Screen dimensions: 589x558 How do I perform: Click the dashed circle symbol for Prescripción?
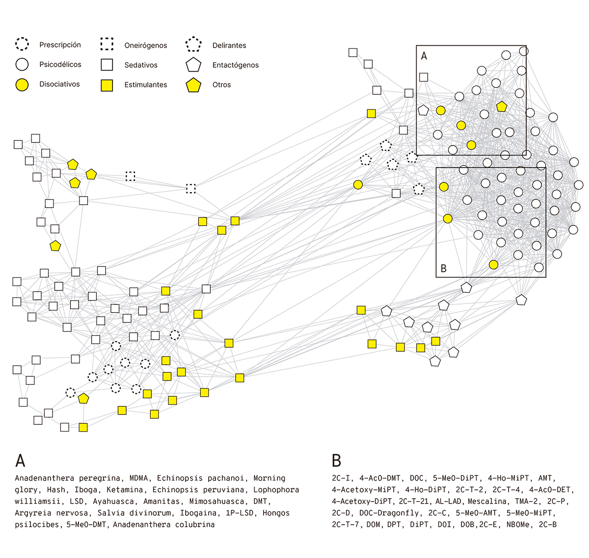coord(22,44)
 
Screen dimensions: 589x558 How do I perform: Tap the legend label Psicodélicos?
coord(60,64)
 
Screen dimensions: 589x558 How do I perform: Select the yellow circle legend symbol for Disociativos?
coord(22,84)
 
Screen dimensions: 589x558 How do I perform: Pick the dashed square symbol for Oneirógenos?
coord(107,44)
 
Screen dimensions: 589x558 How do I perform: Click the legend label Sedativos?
coord(141,65)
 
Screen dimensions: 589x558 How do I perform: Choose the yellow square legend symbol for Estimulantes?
coord(107,85)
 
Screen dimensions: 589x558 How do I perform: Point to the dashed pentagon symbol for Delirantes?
coord(193,44)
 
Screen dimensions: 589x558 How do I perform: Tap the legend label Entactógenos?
coord(236,65)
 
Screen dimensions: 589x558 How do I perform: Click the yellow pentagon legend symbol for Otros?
coord(193,85)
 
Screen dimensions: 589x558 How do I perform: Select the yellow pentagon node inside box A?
coord(502,106)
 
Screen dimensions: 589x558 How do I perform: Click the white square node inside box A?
coord(423,77)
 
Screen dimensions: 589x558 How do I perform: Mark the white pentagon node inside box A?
coord(423,110)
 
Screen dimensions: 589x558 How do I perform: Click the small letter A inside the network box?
coord(424,56)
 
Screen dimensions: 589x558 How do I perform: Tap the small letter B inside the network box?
coord(444,268)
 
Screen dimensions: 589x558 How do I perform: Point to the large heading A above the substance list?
coord(20,460)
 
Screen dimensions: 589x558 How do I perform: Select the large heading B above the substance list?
coord(336,460)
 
